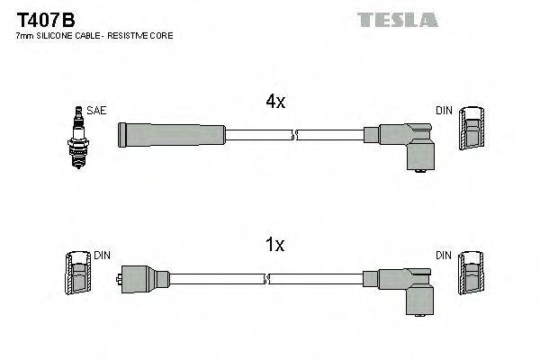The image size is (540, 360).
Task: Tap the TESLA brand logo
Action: (x=397, y=19)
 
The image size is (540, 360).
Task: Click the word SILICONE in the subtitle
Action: (x=57, y=35)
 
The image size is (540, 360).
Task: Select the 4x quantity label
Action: (x=275, y=103)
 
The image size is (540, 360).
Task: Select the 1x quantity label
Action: (x=275, y=245)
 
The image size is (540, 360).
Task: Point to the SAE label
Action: (x=97, y=110)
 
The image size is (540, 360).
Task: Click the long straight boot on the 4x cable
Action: (x=171, y=135)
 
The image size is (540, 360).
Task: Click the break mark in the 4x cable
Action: (x=294, y=135)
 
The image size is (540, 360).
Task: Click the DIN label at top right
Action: (x=444, y=110)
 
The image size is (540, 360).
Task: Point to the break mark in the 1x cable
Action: (x=294, y=278)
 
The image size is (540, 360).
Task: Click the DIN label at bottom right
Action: (x=444, y=256)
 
